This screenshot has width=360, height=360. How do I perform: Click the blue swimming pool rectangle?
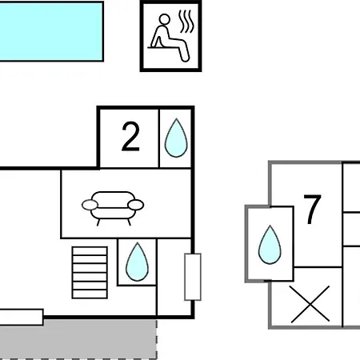(51, 31)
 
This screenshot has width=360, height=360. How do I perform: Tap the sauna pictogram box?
(170, 36)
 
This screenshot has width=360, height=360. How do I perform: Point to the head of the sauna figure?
(164, 20)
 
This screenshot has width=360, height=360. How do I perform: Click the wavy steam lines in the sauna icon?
(186, 22)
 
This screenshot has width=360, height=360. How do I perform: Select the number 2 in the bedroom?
(130, 137)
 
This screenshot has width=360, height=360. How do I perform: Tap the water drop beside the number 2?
(176, 138)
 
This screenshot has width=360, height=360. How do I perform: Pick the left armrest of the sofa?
(90, 205)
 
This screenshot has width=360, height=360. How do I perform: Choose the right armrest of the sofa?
(136, 205)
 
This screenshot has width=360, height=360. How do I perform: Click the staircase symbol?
(90, 273)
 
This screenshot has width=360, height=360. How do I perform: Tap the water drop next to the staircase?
(137, 262)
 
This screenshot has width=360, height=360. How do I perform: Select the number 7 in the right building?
(312, 210)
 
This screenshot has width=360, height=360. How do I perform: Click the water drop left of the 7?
(270, 245)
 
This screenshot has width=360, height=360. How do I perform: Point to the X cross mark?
(310, 304)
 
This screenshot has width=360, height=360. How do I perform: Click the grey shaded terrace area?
(78, 338)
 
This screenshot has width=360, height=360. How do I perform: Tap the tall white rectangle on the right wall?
(193, 277)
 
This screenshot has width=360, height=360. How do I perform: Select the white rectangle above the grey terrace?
(22, 317)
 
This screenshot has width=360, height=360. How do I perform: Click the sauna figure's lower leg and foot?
(184, 52)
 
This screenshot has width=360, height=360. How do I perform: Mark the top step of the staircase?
(90, 251)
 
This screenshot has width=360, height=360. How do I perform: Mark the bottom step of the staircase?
(90, 294)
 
